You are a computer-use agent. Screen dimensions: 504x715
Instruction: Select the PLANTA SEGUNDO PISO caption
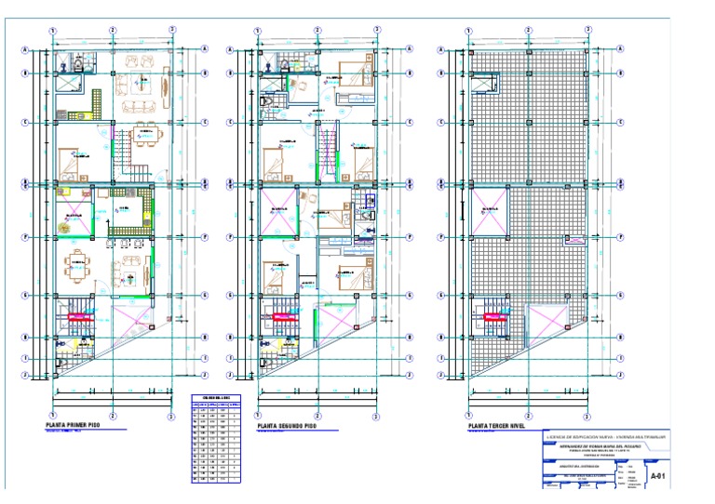click(288, 425)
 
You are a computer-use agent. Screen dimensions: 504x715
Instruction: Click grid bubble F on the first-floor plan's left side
click(25, 236)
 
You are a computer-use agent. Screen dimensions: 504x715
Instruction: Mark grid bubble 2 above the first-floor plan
click(112, 30)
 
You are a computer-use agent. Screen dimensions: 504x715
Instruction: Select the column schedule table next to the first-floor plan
click(215, 442)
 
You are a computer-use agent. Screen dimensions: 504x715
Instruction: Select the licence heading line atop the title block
click(609, 435)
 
